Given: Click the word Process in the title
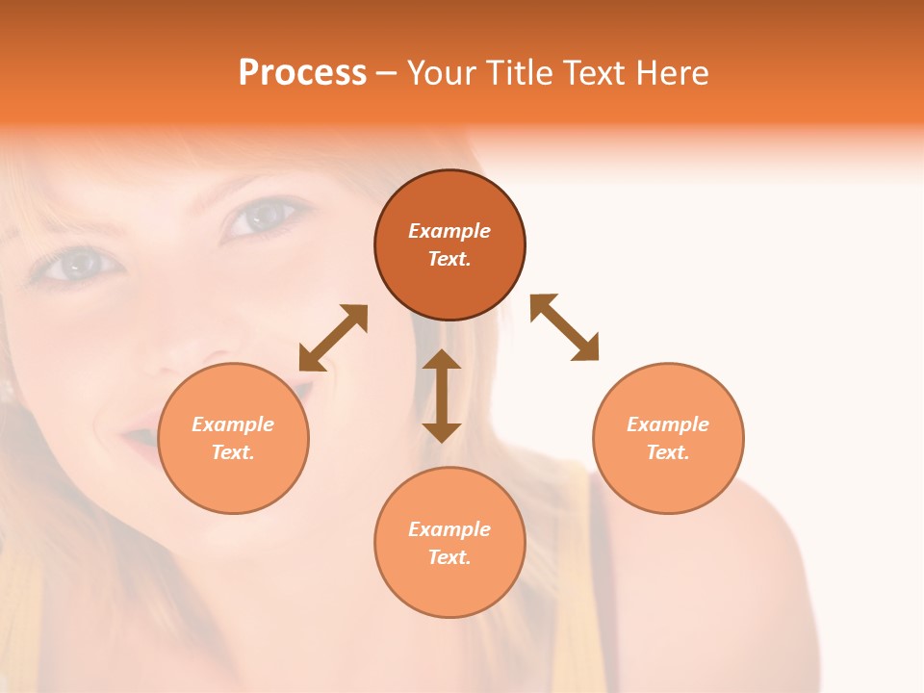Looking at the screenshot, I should (302, 73).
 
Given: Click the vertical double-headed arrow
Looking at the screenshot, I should (442, 396).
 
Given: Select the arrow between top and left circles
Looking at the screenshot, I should (333, 338).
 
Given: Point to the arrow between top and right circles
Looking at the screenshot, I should (565, 327).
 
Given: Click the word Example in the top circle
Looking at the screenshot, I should (449, 231).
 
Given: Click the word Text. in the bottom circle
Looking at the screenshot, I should (449, 557).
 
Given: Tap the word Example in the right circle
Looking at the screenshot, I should (668, 424).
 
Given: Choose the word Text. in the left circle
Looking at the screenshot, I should (233, 452).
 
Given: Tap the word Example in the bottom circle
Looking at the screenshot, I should (449, 529).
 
